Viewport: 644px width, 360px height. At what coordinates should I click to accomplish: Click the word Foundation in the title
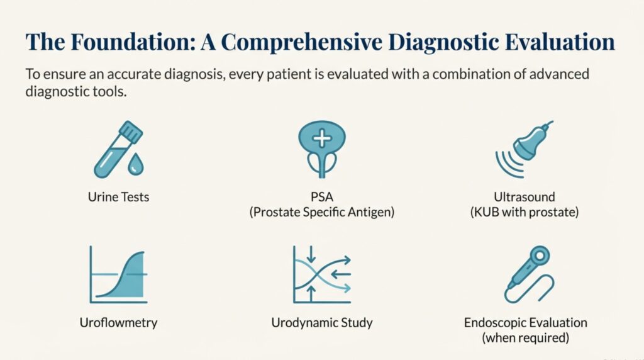click(133, 42)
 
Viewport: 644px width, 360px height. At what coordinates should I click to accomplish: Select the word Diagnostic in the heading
click(443, 43)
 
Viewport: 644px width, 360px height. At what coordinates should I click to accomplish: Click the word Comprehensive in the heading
click(301, 43)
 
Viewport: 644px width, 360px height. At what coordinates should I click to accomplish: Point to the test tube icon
click(118, 149)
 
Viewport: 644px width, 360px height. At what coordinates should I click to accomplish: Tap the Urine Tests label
click(118, 197)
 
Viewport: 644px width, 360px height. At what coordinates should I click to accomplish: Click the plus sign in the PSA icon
click(322, 138)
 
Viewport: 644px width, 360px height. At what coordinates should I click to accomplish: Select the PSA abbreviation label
click(322, 197)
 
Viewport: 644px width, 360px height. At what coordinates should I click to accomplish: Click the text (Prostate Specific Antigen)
click(322, 212)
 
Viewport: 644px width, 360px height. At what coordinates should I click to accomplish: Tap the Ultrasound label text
click(525, 197)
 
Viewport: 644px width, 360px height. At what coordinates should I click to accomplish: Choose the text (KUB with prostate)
click(525, 212)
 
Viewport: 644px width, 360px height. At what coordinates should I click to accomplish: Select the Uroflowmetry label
click(118, 323)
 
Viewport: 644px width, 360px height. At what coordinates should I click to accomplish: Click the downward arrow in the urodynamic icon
click(311, 254)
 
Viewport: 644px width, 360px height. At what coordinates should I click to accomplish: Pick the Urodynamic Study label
click(322, 323)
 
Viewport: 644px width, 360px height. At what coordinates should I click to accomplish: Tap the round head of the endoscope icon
click(539, 256)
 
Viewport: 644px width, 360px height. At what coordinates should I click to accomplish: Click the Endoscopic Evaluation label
click(526, 323)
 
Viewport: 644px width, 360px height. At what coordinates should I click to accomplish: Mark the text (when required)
click(526, 338)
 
